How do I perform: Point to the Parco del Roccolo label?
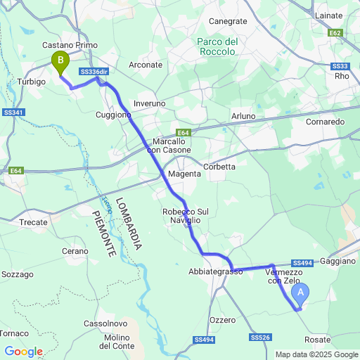click(x=217, y=46)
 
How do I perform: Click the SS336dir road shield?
click(x=94, y=72)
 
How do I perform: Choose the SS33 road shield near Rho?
click(x=339, y=65)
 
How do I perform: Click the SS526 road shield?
click(x=260, y=338)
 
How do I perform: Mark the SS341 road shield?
click(x=13, y=112)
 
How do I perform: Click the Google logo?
click(x=23, y=351)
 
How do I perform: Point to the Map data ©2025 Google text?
click(x=316, y=354)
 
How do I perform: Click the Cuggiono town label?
click(x=113, y=115)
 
